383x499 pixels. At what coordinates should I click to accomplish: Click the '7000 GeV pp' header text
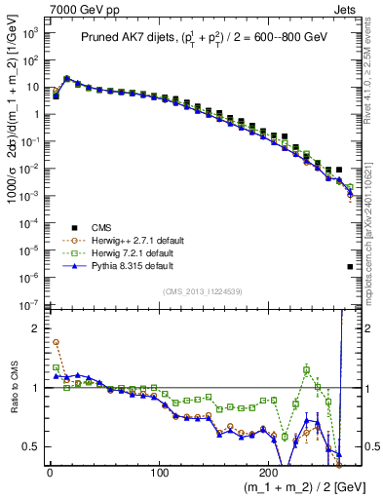coord(75,9)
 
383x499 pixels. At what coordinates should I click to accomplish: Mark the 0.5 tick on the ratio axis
coord(33,447)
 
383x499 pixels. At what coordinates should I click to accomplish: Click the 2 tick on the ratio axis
coord(36,328)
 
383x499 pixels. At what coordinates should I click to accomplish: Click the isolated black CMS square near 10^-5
coord(349,266)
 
